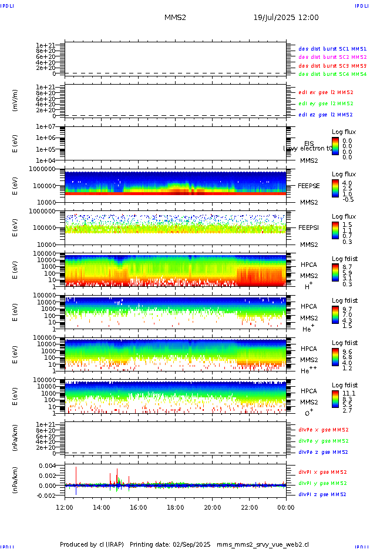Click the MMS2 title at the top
point(175,18)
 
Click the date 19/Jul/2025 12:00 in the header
point(286,18)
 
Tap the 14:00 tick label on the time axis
point(102,507)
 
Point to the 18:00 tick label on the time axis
point(175,507)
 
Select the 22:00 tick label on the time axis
point(249,507)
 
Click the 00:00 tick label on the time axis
point(285,507)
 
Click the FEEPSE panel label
point(309,185)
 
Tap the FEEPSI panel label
point(309,227)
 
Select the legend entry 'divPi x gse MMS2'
point(323,472)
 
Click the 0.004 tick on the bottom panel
point(47,466)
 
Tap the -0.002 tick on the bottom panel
point(46,496)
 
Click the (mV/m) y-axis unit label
point(15,101)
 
